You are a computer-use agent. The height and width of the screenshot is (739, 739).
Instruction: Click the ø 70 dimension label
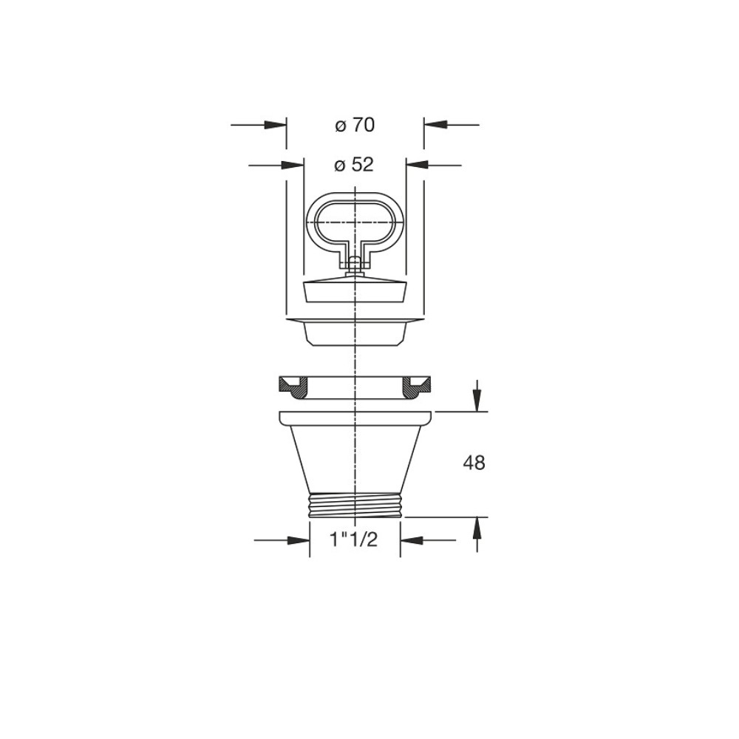pos(355,126)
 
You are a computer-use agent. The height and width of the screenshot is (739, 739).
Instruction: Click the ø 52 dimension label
pos(353,165)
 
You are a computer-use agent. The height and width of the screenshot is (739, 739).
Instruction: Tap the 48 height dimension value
pos(474,463)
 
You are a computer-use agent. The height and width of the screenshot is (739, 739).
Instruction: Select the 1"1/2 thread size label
pos(354,539)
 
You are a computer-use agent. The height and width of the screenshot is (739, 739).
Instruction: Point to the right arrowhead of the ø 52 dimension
pos(417,165)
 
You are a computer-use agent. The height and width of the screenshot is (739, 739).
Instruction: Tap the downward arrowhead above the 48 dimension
pos(477,400)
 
